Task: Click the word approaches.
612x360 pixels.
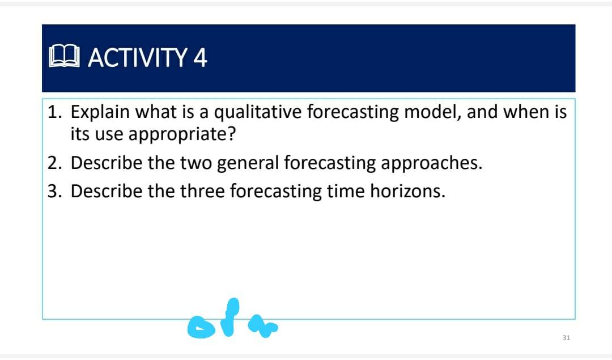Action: [431, 163]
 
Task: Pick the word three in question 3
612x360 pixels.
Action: [202, 191]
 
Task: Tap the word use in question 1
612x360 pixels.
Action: [108, 135]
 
